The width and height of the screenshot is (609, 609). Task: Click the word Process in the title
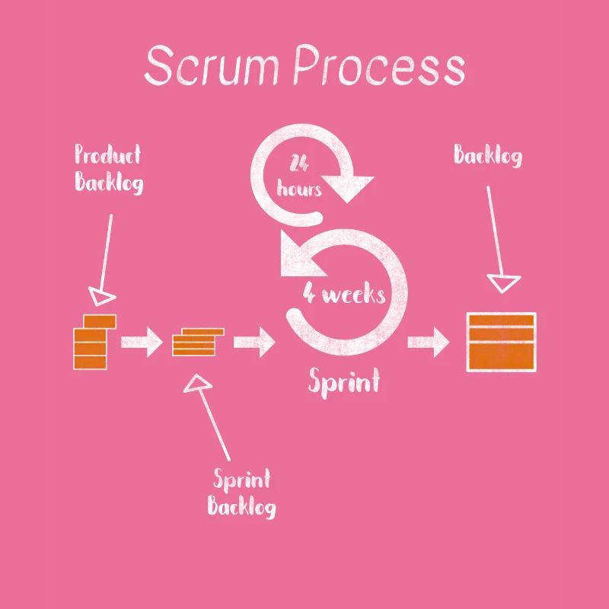(x=379, y=66)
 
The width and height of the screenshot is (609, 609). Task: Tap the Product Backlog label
(x=108, y=169)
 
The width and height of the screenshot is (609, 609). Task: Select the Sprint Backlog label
(x=241, y=493)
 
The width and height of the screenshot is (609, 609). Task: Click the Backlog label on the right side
(x=488, y=156)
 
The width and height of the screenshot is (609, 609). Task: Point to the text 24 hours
(x=299, y=176)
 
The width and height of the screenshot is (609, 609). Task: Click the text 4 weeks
(x=344, y=294)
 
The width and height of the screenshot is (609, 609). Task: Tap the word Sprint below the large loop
(x=343, y=381)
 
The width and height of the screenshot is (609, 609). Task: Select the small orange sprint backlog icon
(x=197, y=342)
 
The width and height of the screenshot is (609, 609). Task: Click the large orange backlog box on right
(x=501, y=342)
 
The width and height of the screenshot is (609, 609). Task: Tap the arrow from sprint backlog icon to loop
(x=253, y=342)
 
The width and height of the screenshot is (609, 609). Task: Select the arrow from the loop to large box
(x=429, y=342)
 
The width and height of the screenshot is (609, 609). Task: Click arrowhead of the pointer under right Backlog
(x=503, y=283)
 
